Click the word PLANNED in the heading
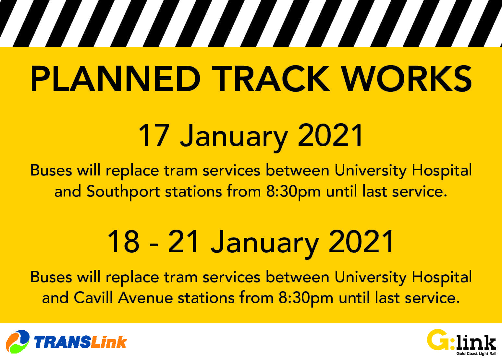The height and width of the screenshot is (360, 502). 116,78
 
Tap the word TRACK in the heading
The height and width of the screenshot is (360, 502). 271,78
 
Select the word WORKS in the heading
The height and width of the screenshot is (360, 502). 407,78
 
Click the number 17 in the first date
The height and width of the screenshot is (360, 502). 154,135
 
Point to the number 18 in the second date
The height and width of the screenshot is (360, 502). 124,242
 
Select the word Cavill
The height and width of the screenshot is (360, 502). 93,298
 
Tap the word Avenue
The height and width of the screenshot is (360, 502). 145,298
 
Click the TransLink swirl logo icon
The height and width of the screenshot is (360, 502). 18,342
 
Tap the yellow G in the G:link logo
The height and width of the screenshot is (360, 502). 437,340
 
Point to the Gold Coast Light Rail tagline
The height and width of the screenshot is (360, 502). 476,354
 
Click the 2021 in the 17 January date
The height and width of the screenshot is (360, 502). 330,135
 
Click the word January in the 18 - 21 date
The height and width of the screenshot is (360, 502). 265,244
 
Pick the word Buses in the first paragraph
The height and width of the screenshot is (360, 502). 51,171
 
